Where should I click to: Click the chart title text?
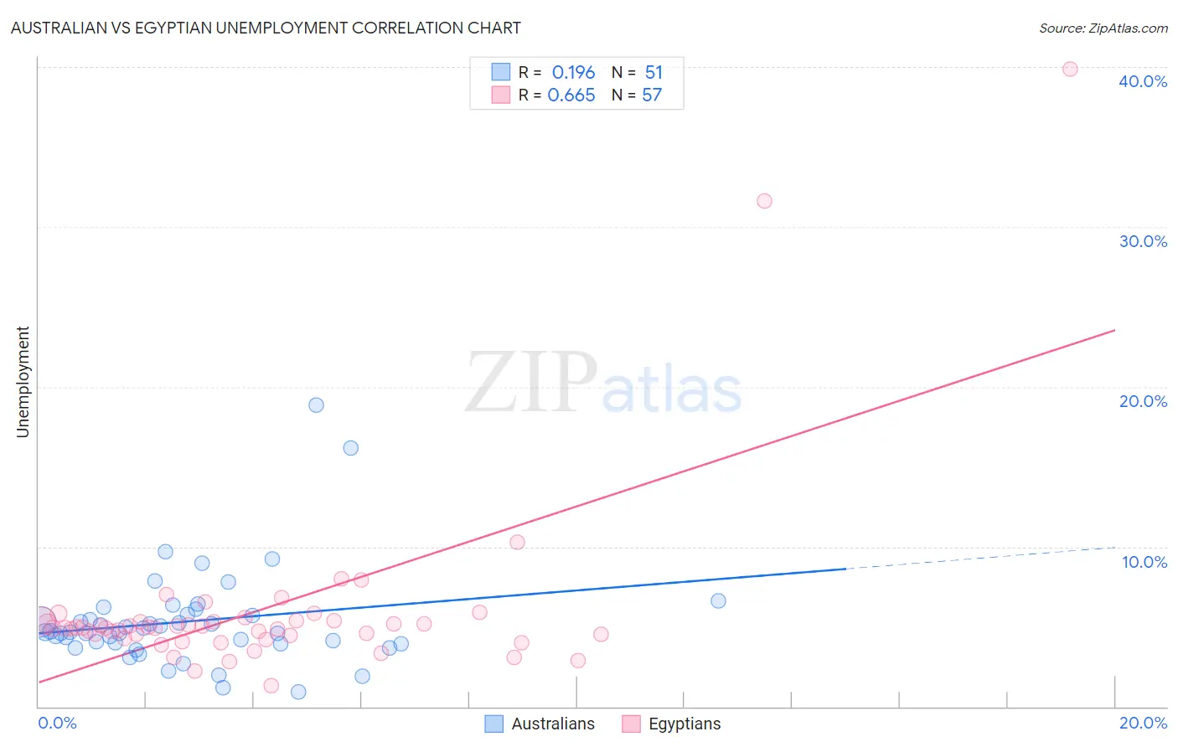click(266, 28)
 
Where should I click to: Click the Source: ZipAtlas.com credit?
click(1103, 28)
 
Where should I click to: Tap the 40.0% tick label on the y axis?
click(1143, 81)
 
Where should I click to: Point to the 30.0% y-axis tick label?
click(1143, 241)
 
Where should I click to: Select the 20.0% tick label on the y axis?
click(1143, 401)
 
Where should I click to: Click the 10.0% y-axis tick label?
click(1144, 562)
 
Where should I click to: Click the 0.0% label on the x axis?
click(57, 723)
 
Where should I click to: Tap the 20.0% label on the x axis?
click(1143, 723)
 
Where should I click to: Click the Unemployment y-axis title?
click(23, 382)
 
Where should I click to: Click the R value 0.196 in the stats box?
click(573, 73)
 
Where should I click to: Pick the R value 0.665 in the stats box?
click(571, 95)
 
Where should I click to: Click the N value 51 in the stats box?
click(654, 73)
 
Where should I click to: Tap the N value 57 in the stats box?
click(652, 95)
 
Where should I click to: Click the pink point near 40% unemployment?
click(1070, 70)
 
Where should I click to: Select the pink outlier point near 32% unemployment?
click(764, 201)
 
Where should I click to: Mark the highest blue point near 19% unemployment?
click(316, 405)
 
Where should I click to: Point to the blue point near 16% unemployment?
click(351, 448)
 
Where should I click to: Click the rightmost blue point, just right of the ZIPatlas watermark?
click(718, 600)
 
